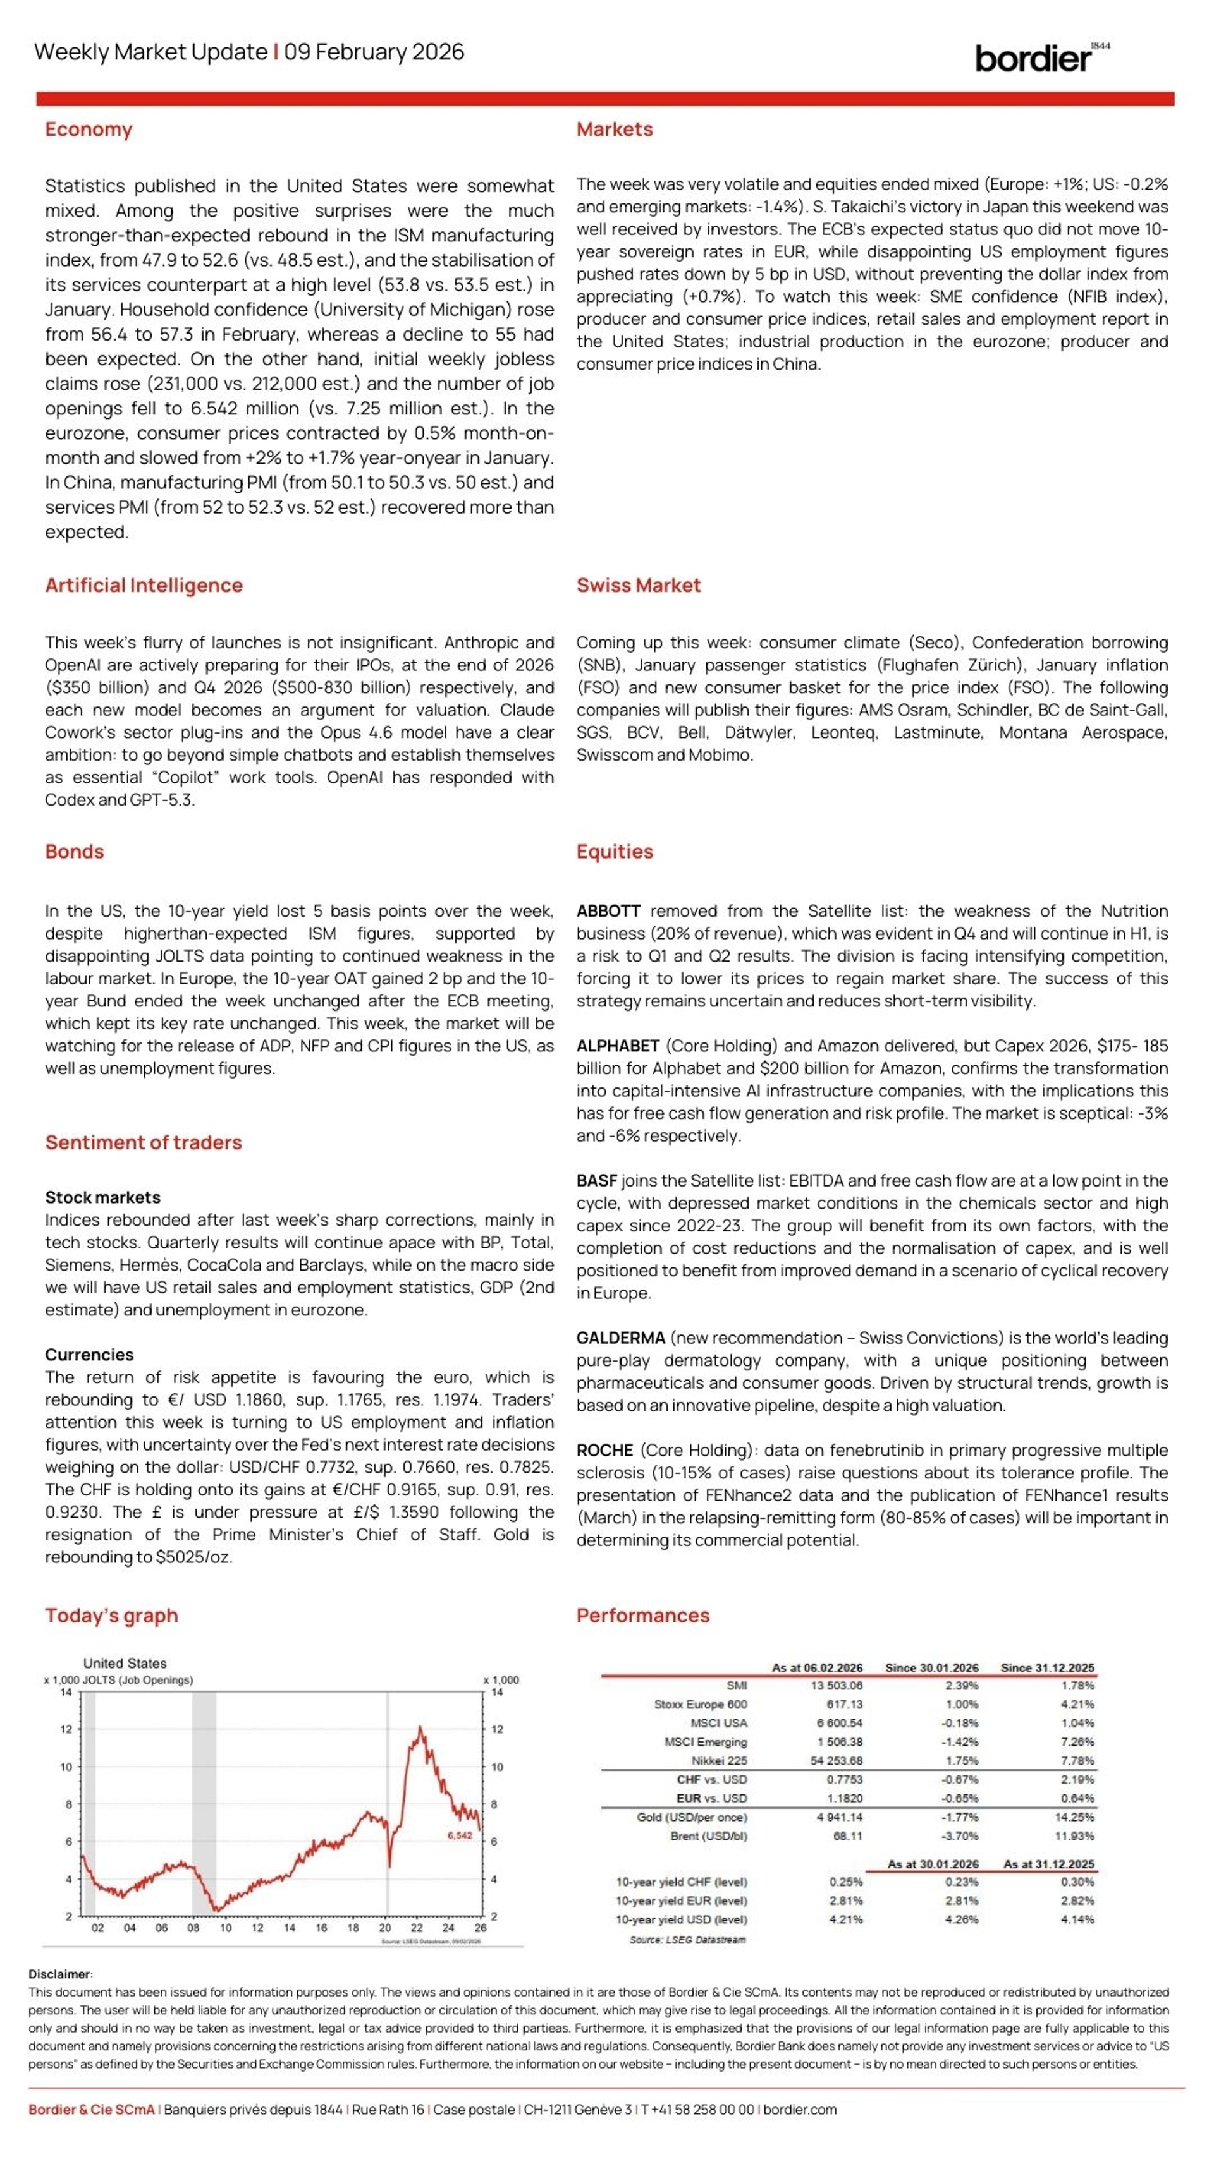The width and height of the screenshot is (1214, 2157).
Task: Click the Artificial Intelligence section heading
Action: [x=144, y=585]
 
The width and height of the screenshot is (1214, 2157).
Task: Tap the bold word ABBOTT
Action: [x=608, y=911]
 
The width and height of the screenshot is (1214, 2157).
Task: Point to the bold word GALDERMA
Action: [x=620, y=1338]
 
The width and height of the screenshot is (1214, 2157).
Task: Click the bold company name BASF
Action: [x=596, y=1181]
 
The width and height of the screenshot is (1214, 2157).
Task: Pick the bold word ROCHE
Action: [x=604, y=1450]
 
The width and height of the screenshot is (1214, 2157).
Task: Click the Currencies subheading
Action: [x=89, y=1355]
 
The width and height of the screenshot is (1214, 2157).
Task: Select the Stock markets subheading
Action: [x=102, y=1197]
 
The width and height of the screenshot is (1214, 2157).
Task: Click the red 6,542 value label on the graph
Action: [x=459, y=1835]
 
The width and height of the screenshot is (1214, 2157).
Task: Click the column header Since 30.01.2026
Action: [x=931, y=1667]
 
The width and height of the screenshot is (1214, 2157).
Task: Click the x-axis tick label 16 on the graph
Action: [x=321, y=1927]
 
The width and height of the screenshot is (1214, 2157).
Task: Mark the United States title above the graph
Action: [x=125, y=1663]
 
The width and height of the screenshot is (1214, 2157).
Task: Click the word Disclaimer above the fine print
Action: [x=59, y=1974]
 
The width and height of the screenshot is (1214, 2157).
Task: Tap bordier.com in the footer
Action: [x=799, y=2109]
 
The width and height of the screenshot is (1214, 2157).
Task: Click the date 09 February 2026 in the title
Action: [x=374, y=52]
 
